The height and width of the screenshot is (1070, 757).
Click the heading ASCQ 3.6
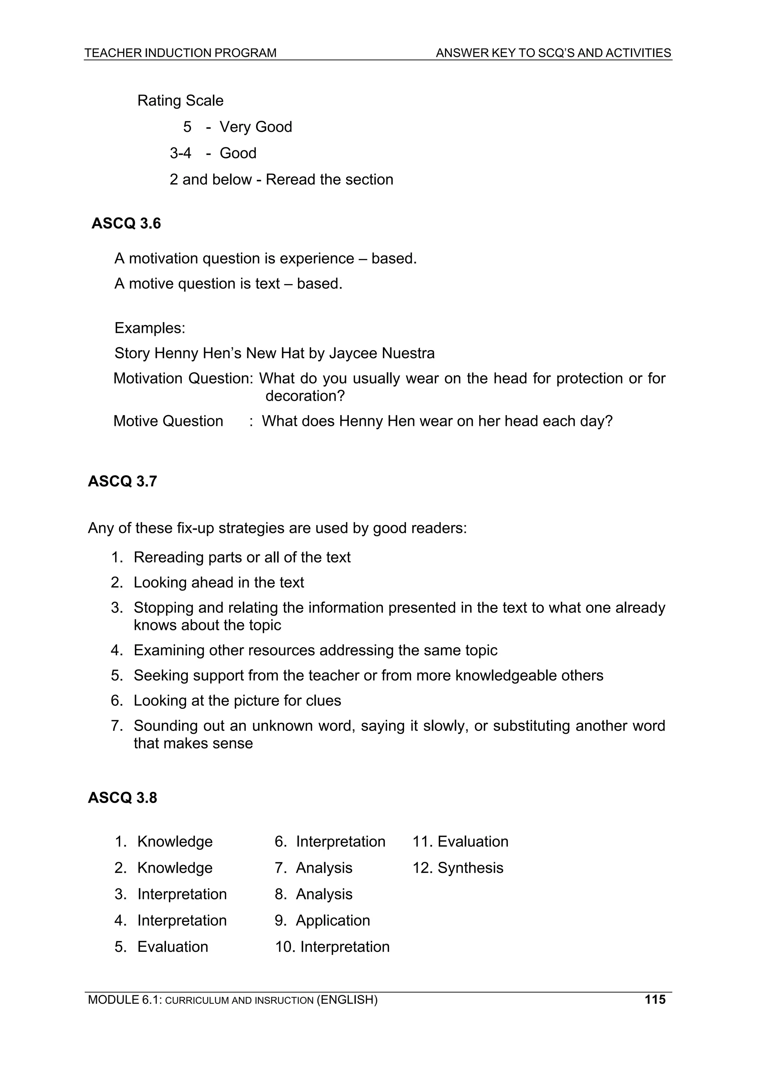(126, 224)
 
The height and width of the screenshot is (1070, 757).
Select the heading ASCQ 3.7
(122, 481)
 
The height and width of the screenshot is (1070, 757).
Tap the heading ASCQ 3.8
(122, 798)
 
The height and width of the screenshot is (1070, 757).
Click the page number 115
(655, 999)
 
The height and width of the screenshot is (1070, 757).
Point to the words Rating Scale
(180, 101)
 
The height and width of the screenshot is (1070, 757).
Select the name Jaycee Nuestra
(381, 353)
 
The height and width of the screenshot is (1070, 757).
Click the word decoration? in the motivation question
(305, 396)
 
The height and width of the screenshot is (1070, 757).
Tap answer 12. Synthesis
(458, 868)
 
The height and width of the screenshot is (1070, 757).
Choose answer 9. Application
(322, 920)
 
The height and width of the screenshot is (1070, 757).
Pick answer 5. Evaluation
(162, 947)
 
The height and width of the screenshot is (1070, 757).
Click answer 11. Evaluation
(460, 841)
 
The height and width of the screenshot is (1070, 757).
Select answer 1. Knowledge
(164, 841)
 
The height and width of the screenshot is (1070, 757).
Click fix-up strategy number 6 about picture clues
(226, 700)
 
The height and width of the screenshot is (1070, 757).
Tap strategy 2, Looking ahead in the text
(208, 582)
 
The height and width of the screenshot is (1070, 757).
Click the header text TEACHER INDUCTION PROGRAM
(180, 53)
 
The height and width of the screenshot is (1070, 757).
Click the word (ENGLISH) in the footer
(347, 999)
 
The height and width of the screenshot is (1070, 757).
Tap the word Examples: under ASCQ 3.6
(150, 328)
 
